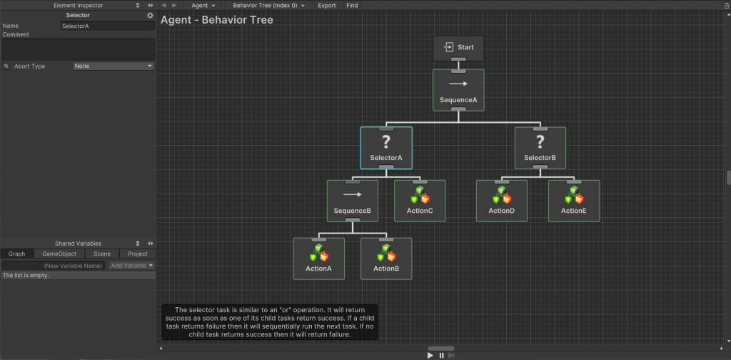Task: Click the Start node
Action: point(458,48)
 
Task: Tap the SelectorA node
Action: point(386,148)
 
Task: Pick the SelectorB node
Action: point(540,148)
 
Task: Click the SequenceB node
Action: point(353,201)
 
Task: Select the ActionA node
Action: point(319,259)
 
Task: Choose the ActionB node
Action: point(386,259)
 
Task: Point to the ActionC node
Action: point(420,201)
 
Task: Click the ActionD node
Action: point(502,201)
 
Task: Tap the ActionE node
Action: point(574,201)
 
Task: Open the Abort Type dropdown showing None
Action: point(114,66)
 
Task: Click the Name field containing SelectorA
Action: point(108,26)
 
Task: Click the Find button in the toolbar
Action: point(352,5)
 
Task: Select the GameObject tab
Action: point(59,254)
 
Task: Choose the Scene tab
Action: point(102,254)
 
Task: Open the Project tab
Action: point(138,254)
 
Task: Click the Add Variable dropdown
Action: point(131,266)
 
